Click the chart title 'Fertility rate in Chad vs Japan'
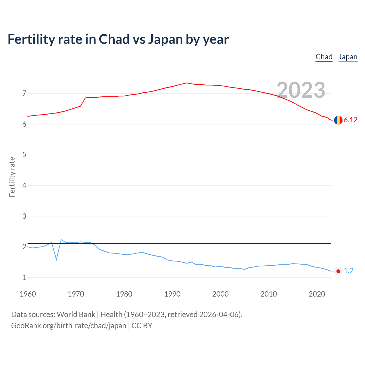(118, 39)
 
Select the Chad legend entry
(324, 57)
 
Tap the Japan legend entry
(348, 57)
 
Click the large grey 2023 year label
(301, 90)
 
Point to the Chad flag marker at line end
(338, 120)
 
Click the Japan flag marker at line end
(338, 271)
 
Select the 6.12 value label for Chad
(350, 120)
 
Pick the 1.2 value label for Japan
(348, 271)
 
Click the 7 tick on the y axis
(24, 93)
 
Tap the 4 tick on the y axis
(24, 185)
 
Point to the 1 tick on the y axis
(24, 277)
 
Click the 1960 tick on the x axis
(28, 294)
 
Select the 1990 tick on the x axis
(172, 294)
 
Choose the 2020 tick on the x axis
(317, 294)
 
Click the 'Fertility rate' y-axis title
(12, 177)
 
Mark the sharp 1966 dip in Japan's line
(56, 259)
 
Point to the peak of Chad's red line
(186, 83)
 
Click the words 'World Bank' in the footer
(76, 315)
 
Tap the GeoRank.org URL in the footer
(68, 326)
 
